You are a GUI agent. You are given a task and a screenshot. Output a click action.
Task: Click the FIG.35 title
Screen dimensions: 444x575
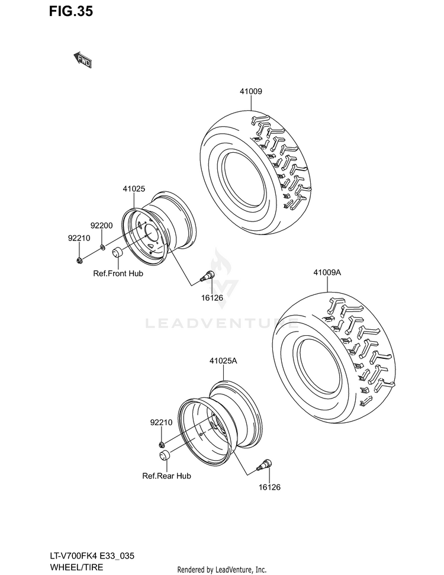(71, 11)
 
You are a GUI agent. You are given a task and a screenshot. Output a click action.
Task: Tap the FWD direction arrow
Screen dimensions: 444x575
(82, 60)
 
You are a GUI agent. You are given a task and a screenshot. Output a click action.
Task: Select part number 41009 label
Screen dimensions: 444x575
(251, 91)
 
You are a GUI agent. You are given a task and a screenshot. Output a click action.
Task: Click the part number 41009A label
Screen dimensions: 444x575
(327, 272)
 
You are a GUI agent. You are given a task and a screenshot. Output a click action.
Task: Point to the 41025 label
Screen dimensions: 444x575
(134, 189)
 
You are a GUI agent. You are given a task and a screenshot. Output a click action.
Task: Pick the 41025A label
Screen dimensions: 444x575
(223, 361)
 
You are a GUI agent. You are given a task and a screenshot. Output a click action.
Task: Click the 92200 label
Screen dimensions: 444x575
(102, 226)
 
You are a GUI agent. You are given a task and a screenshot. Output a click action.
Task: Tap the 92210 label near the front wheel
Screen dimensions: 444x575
(79, 238)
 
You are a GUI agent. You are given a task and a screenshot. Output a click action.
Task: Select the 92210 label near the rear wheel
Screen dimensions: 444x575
(161, 422)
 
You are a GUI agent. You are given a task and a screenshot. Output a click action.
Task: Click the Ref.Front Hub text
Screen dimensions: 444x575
(118, 274)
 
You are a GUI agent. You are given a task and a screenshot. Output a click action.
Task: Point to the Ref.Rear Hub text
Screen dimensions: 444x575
(166, 476)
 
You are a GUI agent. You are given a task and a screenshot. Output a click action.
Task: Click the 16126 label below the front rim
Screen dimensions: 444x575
(212, 298)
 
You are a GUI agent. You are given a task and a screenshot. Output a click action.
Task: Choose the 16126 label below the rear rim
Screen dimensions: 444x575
(269, 487)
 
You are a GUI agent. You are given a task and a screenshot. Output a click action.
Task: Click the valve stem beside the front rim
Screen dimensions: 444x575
(207, 275)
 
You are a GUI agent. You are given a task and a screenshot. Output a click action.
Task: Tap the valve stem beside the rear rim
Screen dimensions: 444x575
(265, 464)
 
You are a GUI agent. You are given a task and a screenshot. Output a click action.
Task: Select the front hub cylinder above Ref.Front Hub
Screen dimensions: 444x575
(117, 253)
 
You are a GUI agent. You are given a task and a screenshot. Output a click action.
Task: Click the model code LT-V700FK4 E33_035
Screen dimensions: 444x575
(92, 556)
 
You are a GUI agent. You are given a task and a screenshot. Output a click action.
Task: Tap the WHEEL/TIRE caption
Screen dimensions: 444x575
(76, 567)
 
